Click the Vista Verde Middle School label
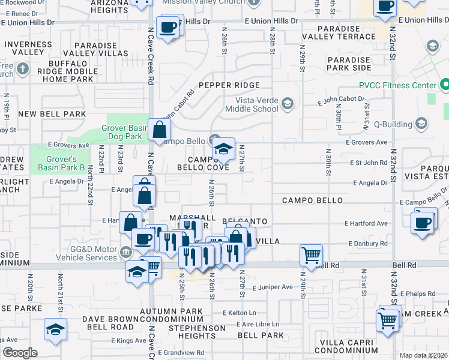[x=252, y=104]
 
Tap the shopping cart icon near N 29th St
[x=311, y=255]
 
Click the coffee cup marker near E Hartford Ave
[x=423, y=222]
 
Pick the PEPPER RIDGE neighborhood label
[x=229, y=85]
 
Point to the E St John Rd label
[x=369, y=163]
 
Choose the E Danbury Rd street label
[x=368, y=244]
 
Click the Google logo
[x=20, y=353]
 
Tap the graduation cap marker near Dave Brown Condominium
[x=55, y=329]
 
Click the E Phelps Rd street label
[x=419, y=293]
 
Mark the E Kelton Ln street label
[x=239, y=313]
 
